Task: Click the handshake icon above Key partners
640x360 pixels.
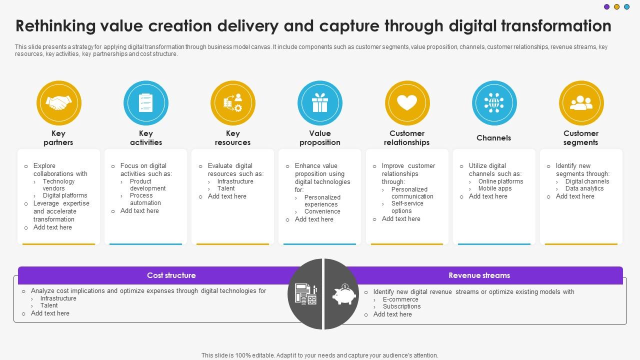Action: tap(58, 103)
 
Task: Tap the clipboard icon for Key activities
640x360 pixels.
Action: tap(146, 103)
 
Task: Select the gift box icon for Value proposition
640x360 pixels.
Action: tap(320, 103)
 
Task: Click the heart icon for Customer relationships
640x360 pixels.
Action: tap(407, 103)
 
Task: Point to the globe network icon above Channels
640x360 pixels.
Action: tap(494, 103)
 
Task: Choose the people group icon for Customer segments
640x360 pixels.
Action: tap(581, 103)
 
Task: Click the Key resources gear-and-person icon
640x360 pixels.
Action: tap(233, 103)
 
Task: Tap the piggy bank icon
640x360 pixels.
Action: tap(344, 294)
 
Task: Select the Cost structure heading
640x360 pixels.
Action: tap(171, 275)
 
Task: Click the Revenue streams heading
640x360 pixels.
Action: tap(479, 275)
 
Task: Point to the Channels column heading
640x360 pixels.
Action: tap(493, 138)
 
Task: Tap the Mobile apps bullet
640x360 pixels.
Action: tap(495, 188)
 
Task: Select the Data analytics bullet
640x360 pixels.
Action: tap(584, 188)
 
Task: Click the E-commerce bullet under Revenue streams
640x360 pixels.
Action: tap(400, 299)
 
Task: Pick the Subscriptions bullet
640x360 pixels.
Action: tap(401, 306)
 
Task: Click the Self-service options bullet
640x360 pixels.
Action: tap(407, 207)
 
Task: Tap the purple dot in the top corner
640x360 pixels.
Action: tap(606, 7)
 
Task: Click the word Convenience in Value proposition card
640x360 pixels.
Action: tap(322, 211)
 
